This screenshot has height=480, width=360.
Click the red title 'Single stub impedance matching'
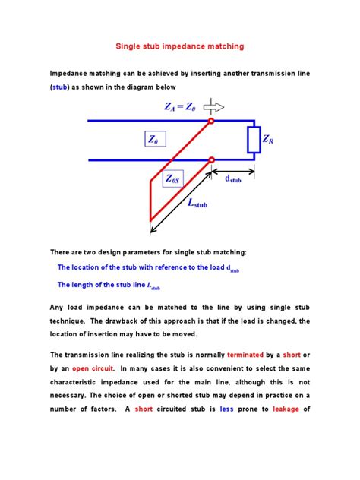click(x=180, y=46)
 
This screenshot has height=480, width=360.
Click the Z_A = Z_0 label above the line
click(x=182, y=107)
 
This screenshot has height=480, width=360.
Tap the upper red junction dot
click(x=211, y=121)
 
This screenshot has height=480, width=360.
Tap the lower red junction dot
click(x=211, y=159)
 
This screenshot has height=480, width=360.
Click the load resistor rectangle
click(x=254, y=140)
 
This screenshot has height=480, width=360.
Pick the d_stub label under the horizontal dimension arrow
click(x=232, y=180)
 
